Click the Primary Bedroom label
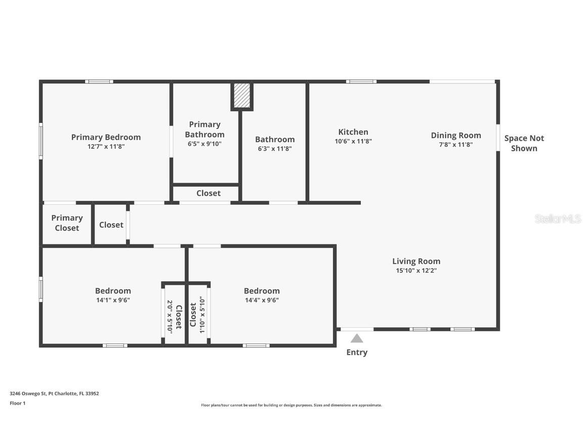(106, 137)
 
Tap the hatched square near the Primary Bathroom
(242, 95)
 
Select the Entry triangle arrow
(357, 338)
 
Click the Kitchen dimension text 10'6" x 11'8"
(353, 142)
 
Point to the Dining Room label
(456, 135)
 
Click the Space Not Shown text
(524, 143)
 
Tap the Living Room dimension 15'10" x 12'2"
(416, 271)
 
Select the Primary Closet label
(67, 223)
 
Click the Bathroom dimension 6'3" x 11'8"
(274, 149)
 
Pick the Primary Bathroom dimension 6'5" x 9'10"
(204, 144)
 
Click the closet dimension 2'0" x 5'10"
(170, 316)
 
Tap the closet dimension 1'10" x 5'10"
(202, 315)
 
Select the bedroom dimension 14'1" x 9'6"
(113, 300)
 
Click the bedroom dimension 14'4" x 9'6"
(262, 300)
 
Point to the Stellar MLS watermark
(557, 219)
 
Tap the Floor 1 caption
(17, 403)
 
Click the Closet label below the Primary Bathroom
(209, 193)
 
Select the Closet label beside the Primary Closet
(111, 225)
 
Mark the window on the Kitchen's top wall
(361, 81)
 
